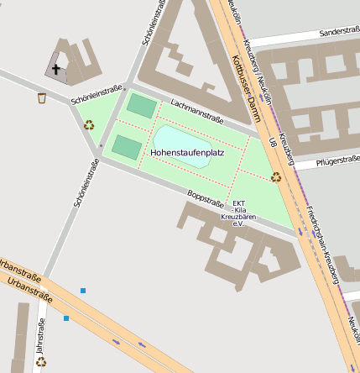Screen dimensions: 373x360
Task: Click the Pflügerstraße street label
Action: (x=331, y=161)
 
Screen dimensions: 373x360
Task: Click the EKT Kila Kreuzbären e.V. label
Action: (x=237, y=213)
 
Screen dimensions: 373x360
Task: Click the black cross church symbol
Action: (x=57, y=71)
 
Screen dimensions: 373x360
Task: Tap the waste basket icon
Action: (x=42, y=98)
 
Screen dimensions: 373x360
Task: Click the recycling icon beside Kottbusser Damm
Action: (x=276, y=176)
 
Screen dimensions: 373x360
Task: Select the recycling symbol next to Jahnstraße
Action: (x=40, y=362)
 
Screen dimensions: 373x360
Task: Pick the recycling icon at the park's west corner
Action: (x=89, y=125)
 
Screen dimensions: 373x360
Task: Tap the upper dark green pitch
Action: (x=141, y=106)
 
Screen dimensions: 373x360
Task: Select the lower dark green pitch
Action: (x=127, y=147)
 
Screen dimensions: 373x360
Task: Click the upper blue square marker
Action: (x=83, y=291)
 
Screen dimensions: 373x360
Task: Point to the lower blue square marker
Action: (x=66, y=318)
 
